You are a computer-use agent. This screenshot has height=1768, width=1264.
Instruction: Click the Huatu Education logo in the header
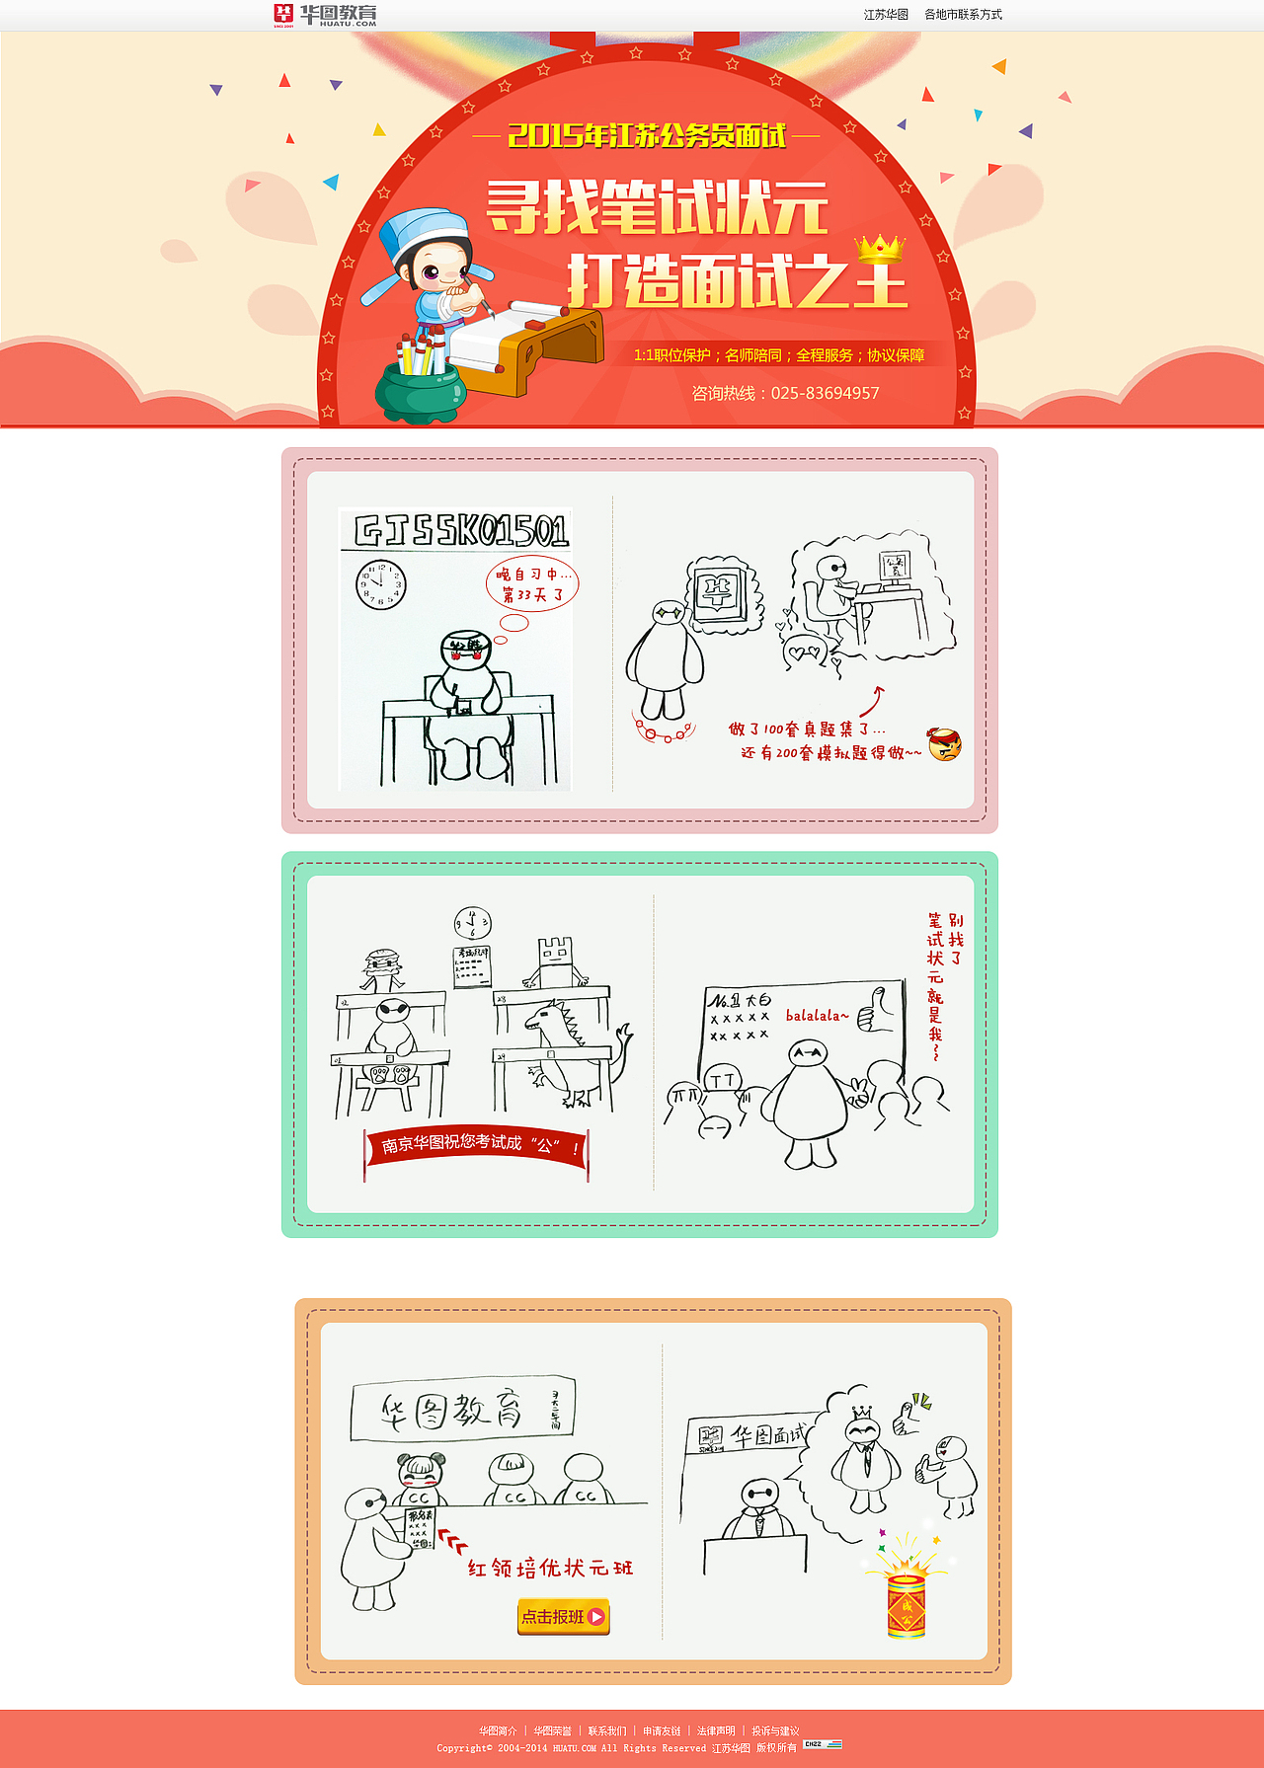pyautogui.click(x=325, y=15)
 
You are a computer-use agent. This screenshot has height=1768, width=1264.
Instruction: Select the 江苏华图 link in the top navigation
pyautogui.click(x=886, y=15)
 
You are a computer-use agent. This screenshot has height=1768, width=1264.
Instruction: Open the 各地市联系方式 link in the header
pyautogui.click(x=963, y=15)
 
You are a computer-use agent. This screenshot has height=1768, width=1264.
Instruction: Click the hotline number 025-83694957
pyautogui.click(x=825, y=393)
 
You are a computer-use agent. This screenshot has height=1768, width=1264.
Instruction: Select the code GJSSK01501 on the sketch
pyautogui.click(x=461, y=531)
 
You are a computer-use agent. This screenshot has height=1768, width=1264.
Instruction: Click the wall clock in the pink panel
pyautogui.click(x=380, y=584)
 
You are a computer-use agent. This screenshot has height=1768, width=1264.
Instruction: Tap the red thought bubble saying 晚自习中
pyautogui.click(x=532, y=583)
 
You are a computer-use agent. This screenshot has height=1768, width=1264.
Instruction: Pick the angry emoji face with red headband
pyautogui.click(x=944, y=744)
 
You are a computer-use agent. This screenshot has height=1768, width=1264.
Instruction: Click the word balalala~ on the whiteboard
pyautogui.click(x=817, y=1015)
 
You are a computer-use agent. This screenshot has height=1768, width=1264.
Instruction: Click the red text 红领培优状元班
pyautogui.click(x=550, y=1568)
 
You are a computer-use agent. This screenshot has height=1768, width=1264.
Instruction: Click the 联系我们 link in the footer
pyautogui.click(x=606, y=1730)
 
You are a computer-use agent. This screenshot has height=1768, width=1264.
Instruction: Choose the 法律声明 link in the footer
pyautogui.click(x=716, y=1730)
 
